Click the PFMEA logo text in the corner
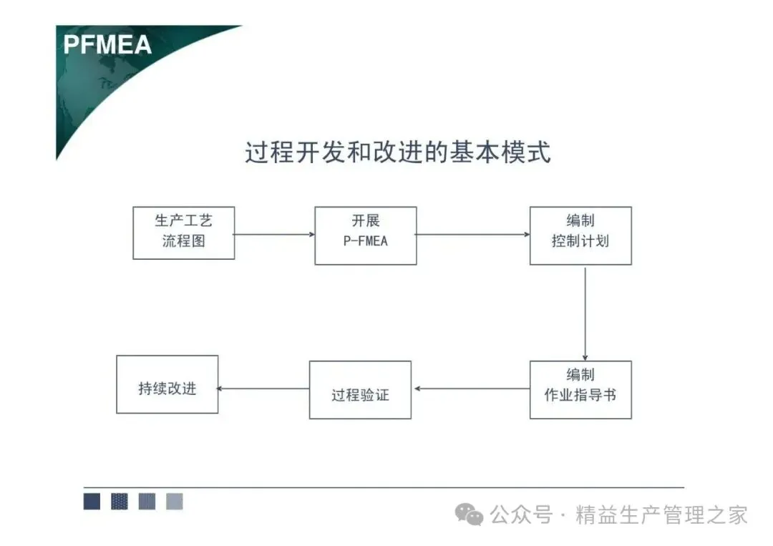pyautogui.click(x=107, y=44)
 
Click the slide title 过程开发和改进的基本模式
pyautogui.click(x=397, y=152)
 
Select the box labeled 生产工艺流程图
pyautogui.click(x=183, y=233)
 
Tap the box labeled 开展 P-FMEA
pyautogui.click(x=365, y=235)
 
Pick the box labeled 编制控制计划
pyautogui.click(x=580, y=235)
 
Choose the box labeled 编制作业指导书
pyautogui.click(x=580, y=389)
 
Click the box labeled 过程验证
pyautogui.click(x=360, y=390)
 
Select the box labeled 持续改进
pyautogui.click(x=167, y=384)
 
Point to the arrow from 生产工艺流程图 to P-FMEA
pyautogui.click(x=275, y=234)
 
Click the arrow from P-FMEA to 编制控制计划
pyautogui.click(x=473, y=234)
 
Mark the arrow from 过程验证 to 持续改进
pyautogui.click(x=263, y=389)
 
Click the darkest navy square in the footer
pyautogui.click(x=92, y=501)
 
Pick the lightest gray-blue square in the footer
pyautogui.click(x=175, y=501)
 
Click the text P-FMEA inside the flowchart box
pyautogui.click(x=365, y=242)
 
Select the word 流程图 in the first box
pyautogui.click(x=183, y=241)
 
